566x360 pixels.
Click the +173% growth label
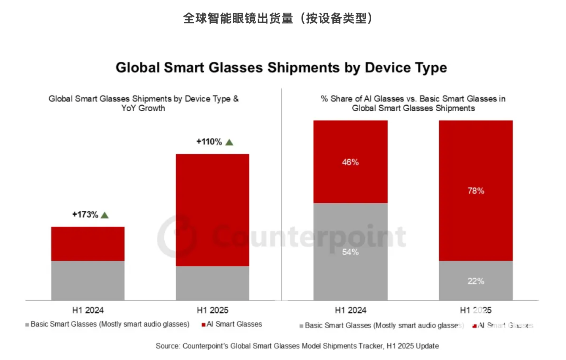pos(85,215)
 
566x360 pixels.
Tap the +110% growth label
pos(209,142)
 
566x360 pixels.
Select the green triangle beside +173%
pos(105,215)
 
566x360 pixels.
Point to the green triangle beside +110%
pos(229,142)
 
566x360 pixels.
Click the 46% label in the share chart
pos(350,162)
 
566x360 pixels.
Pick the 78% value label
pos(476,191)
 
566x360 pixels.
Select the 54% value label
pos(350,252)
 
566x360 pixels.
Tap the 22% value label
pos(476,281)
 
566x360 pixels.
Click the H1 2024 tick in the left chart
pos(88,310)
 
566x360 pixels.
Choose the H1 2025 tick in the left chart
pos(212,310)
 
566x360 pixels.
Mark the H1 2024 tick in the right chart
pos(351,310)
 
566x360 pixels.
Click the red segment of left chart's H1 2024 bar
pos(88,244)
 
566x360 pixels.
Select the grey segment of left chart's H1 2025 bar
pos(212,283)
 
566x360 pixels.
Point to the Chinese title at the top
pos(278,18)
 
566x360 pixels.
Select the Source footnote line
pos(297,346)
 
